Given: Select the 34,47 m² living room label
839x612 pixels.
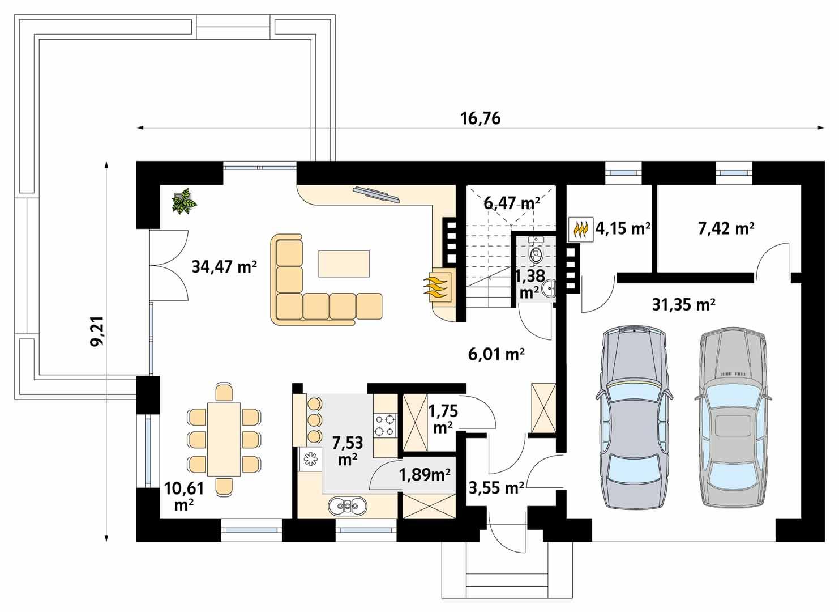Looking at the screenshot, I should coord(225,266).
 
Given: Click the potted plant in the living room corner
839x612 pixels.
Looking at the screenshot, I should coord(184,202).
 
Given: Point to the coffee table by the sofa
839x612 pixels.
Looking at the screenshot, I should coord(344,263).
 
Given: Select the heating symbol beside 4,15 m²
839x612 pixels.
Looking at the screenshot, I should coord(580,229).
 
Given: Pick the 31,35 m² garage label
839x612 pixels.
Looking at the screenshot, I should coord(683,305).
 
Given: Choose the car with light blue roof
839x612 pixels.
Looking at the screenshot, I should coord(733,416).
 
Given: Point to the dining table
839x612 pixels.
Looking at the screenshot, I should coord(225,439).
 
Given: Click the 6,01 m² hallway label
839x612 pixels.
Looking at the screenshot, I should coord(496,354).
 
